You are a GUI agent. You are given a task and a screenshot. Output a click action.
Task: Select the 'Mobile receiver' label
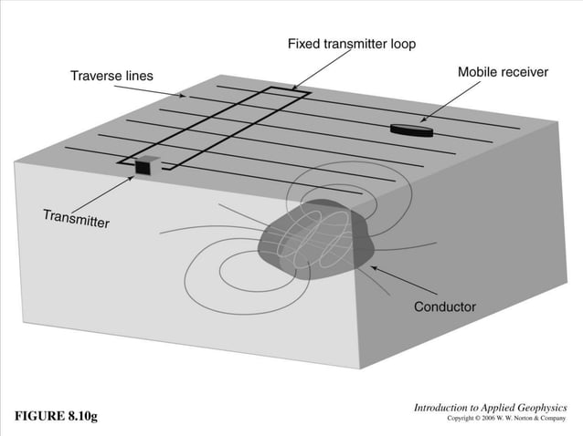(x=503, y=72)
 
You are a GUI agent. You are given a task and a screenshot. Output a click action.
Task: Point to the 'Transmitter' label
(x=76, y=219)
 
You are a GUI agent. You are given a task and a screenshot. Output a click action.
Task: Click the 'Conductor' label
(x=445, y=306)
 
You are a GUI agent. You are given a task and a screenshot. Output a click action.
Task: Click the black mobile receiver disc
(x=411, y=130)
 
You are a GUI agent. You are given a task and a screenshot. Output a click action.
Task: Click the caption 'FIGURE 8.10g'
(x=55, y=417)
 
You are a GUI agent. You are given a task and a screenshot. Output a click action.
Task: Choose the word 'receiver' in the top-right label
(x=525, y=72)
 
